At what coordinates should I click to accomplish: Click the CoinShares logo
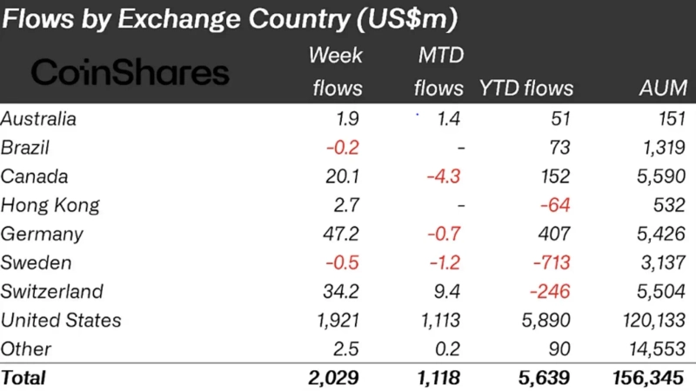point(130,73)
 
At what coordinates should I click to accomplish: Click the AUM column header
point(662,88)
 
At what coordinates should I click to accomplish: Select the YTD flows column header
point(526,88)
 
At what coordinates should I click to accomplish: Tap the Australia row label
point(39,119)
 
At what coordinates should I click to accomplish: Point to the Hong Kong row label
point(50,205)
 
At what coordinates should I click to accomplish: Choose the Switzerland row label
point(52,291)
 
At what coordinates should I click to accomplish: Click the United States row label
point(61,320)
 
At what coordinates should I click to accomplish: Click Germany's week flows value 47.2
point(341,234)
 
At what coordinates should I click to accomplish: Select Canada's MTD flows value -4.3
point(445,176)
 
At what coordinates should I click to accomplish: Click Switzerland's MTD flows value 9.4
point(450,291)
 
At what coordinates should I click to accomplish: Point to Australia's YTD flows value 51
point(560,119)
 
